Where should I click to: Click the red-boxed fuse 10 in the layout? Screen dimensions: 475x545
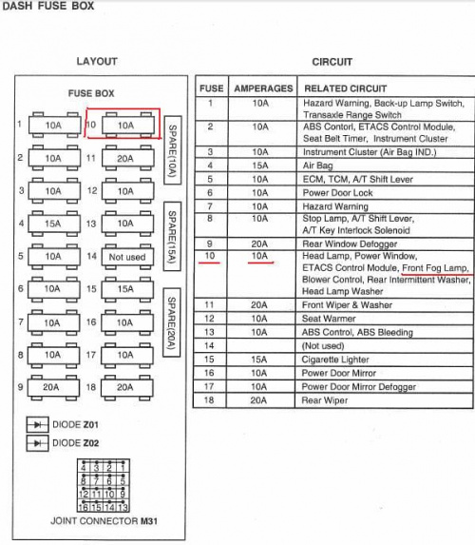pos(128,126)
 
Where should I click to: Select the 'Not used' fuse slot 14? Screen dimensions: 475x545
pos(127,257)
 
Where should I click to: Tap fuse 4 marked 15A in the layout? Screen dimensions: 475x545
pos(54,224)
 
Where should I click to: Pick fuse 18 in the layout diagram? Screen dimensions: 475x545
pos(126,387)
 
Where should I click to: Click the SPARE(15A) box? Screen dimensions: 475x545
pos(172,236)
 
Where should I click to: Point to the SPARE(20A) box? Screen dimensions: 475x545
pos(172,322)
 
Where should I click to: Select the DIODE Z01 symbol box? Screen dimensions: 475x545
pos(37,424)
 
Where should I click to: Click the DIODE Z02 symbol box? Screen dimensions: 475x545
pos(37,443)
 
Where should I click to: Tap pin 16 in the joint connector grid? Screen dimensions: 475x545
pos(84,507)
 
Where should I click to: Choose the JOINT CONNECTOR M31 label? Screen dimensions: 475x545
pos(104,521)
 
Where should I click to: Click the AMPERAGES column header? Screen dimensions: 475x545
pos(263,88)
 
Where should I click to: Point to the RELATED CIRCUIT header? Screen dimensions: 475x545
pos(346,88)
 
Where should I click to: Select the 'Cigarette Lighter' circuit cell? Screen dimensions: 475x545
pos(335,360)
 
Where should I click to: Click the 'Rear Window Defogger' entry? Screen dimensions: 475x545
pos(350,243)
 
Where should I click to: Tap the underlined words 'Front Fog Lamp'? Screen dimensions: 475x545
pos(435,268)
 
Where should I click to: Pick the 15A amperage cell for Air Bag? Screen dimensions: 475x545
pos(260,165)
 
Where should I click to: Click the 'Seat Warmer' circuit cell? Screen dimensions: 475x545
pos(329,319)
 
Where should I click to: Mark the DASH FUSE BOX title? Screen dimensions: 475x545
pos(48,6)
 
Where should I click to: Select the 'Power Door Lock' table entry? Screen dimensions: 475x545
pos(337,193)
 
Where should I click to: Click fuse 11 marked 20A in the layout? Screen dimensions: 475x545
pos(128,159)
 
